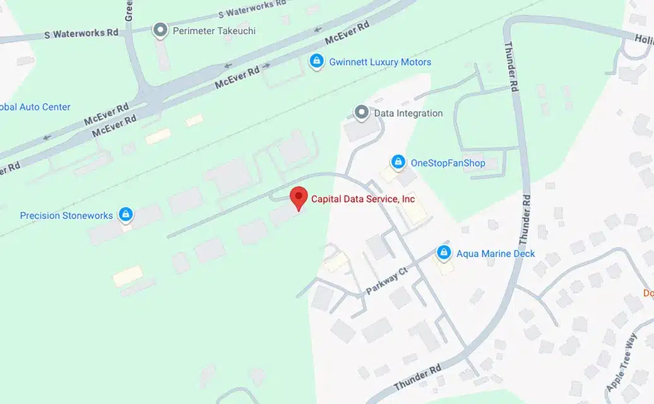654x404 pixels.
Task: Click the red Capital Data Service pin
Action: (299, 198)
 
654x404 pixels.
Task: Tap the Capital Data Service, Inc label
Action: (363, 199)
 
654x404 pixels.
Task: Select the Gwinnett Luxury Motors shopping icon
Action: (316, 62)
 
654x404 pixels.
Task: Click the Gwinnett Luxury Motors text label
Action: (380, 62)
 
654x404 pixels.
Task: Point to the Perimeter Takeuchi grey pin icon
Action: (161, 30)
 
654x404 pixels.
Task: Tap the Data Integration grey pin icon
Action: (362, 113)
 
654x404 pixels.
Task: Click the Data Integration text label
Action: (408, 114)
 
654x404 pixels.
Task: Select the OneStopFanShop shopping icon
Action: (398, 163)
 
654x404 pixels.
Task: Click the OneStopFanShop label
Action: (448, 163)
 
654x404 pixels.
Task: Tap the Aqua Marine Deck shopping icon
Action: (444, 253)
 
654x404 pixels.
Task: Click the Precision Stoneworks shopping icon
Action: (126, 215)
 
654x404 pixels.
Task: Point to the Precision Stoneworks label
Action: (66, 216)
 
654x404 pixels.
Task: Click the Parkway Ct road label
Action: (387, 282)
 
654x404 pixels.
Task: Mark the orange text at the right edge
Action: (648, 293)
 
